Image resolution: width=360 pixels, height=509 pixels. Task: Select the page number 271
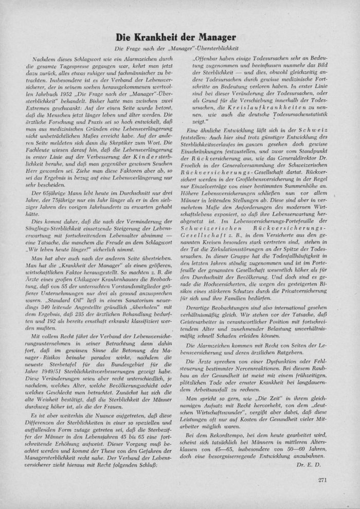[322, 480]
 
